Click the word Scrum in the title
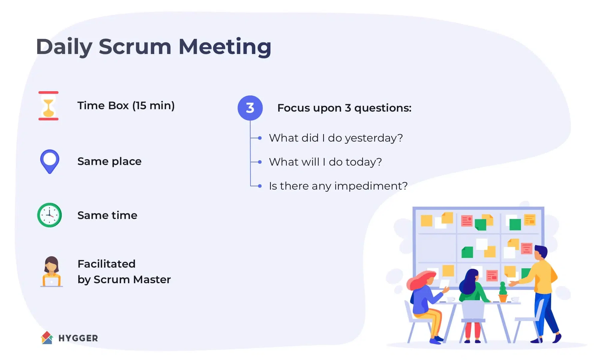pos(135,47)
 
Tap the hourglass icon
pos(49,106)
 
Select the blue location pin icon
pos(50,161)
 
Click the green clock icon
pos(49,215)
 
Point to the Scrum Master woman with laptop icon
pos(52,271)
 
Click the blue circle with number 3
pos(250,108)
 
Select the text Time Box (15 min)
pos(126,106)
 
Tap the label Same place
pos(109,161)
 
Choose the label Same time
pos(107,215)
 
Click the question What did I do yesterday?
pos(336,138)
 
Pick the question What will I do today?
pos(325,162)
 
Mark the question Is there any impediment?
pos(338,186)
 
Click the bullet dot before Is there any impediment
pos(260,186)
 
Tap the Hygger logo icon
pos(47,338)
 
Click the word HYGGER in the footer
pos(78,338)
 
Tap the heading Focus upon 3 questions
pos(344,108)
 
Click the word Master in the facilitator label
pos(152,280)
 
